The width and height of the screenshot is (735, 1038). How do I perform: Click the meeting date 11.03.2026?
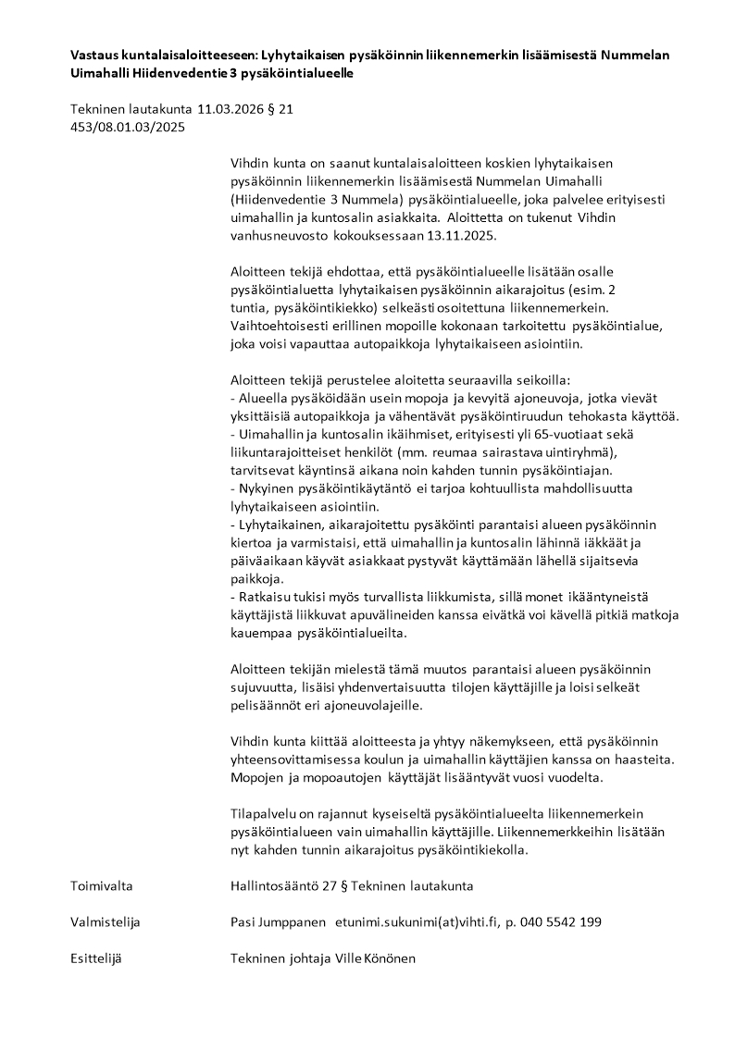(x=220, y=109)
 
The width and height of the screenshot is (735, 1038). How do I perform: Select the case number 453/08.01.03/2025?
(x=128, y=128)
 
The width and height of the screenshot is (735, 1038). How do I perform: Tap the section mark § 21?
(x=280, y=109)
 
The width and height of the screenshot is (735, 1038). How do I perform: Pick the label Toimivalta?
(x=102, y=885)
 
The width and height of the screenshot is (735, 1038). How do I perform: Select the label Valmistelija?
(x=106, y=922)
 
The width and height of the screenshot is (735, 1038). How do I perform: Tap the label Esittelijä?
(x=96, y=958)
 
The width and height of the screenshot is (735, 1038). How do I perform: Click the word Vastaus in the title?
(x=94, y=55)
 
